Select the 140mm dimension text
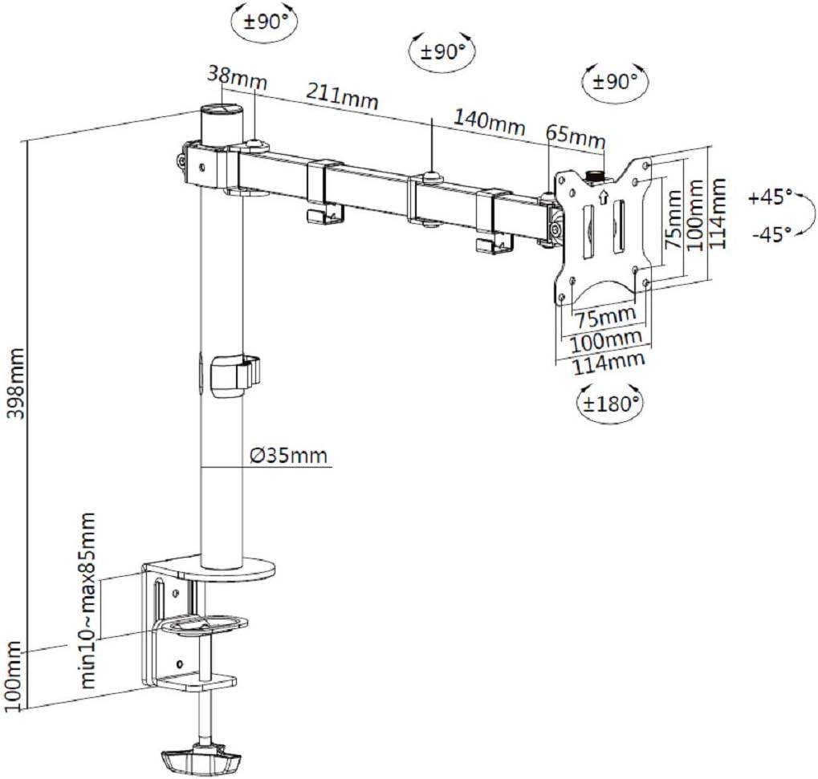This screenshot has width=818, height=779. coord(489,122)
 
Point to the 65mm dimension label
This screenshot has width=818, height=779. coord(575,136)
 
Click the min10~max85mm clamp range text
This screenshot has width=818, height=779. coord(90,601)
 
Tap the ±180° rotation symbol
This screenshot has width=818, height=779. coord(611,403)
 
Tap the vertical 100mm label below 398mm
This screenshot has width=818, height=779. coord(14,674)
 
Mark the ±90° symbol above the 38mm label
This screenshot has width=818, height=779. coord(260,21)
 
